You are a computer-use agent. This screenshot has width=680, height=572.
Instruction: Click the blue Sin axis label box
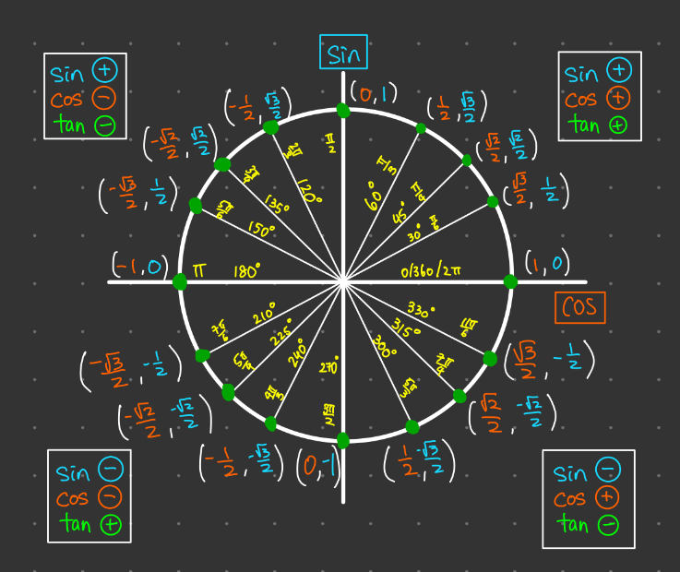[x=343, y=52]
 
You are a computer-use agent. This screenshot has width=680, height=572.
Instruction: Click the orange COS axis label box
[x=579, y=307]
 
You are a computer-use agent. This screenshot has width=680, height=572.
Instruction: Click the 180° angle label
[x=245, y=270]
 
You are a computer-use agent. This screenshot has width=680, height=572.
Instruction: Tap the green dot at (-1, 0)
[x=180, y=281]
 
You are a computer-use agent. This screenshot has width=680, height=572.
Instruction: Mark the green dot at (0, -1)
[x=343, y=439]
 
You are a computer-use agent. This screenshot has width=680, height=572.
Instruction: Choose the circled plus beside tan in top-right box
[x=618, y=124]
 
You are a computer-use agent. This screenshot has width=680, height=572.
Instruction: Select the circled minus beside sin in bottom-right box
[x=606, y=473]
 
